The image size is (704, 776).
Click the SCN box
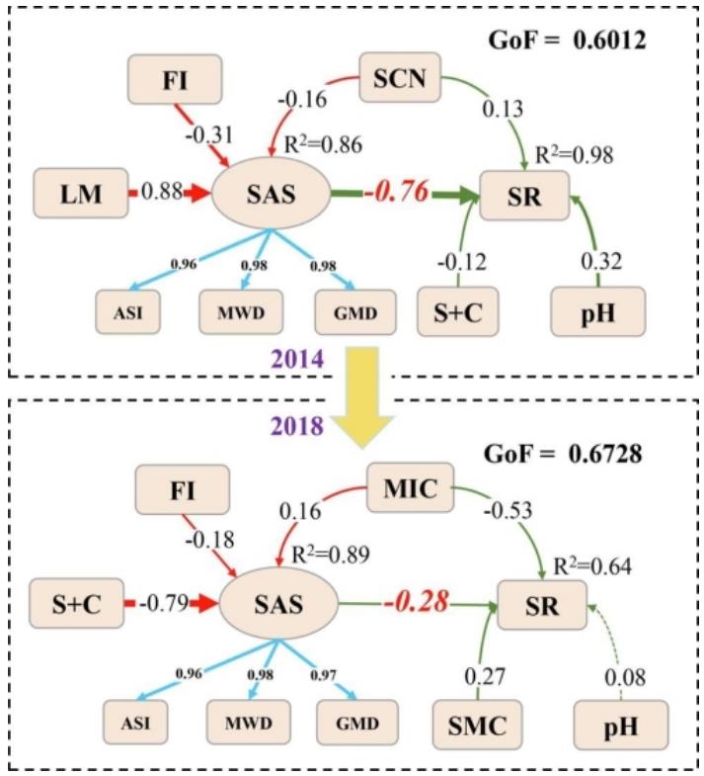pyautogui.click(x=400, y=77)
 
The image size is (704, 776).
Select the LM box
pyautogui.click(x=81, y=193)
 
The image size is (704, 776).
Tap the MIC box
pyautogui.click(x=410, y=487)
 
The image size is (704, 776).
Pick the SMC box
pyautogui.click(x=477, y=725)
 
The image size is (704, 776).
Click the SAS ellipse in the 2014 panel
pyautogui.click(x=271, y=194)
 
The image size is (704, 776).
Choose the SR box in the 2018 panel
pyautogui.click(x=542, y=605)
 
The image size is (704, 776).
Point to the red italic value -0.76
pyautogui.click(x=397, y=192)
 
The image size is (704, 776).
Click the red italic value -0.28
pyautogui.click(x=417, y=601)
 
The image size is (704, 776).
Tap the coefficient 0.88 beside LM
pyautogui.click(x=162, y=191)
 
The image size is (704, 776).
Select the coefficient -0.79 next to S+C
pyautogui.click(x=164, y=603)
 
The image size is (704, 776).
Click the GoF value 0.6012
pyautogui.click(x=609, y=41)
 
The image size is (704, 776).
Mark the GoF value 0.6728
pyautogui.click(x=605, y=454)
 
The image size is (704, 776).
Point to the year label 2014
pyautogui.click(x=297, y=359)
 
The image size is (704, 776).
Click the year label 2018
pyautogui.click(x=297, y=426)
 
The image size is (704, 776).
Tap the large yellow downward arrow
pyautogui.click(x=362, y=397)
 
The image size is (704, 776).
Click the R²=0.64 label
pyautogui.click(x=592, y=566)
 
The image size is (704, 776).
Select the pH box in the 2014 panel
pyautogui.click(x=597, y=311)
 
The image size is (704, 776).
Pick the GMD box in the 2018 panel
pyautogui.click(x=357, y=723)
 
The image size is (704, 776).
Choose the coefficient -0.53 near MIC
pyautogui.click(x=508, y=510)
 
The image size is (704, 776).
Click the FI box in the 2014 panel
pyautogui.click(x=175, y=79)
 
